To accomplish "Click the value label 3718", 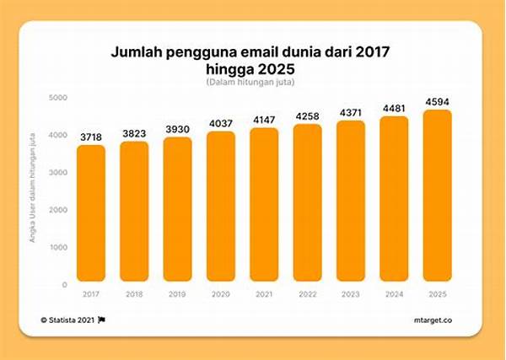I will [x=91, y=137].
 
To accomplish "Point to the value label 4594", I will [x=438, y=101].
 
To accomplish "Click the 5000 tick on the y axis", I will [x=57, y=98].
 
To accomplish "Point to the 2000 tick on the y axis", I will [x=57, y=210].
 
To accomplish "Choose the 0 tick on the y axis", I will [x=64, y=285].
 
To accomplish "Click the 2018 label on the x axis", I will [x=134, y=293].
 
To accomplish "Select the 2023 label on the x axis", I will [x=351, y=293].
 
